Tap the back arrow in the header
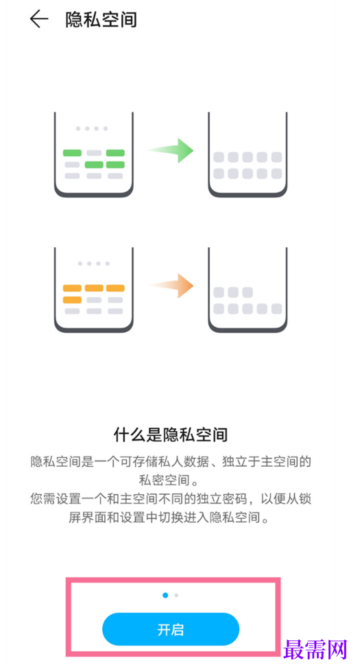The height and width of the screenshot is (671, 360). [x=39, y=19]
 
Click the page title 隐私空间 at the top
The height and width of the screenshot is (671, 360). [x=101, y=20]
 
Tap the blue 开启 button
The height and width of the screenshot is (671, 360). [x=170, y=629]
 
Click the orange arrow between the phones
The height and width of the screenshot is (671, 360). [x=171, y=285]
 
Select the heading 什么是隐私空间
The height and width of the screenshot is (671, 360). [x=170, y=435]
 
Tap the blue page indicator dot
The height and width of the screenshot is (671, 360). [x=165, y=595]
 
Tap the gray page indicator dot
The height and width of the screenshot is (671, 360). [x=176, y=595]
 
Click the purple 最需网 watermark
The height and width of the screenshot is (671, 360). [x=315, y=650]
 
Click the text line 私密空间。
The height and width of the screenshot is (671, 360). [x=170, y=480]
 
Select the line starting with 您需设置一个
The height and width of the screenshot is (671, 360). [x=170, y=499]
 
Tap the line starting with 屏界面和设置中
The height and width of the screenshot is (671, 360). [x=170, y=517]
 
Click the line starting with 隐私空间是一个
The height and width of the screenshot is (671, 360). [x=170, y=462]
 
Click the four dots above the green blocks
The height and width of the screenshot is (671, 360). [x=92, y=128]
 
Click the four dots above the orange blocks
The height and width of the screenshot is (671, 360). [x=93, y=264]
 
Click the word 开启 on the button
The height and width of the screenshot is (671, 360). [x=170, y=629]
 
